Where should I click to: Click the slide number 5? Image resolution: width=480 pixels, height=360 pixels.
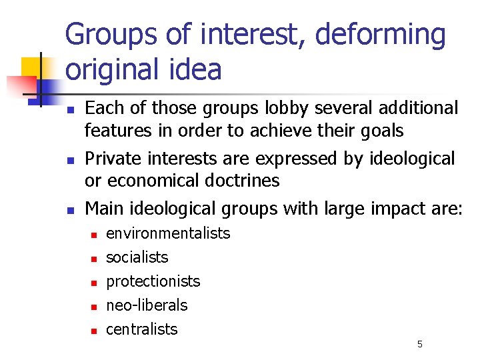420,344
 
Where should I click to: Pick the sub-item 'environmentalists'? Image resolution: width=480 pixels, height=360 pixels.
168,233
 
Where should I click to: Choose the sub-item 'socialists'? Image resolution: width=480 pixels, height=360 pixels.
137,257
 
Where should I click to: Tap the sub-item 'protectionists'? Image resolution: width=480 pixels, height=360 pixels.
153,281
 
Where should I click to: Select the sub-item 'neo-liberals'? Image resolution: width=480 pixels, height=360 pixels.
147,305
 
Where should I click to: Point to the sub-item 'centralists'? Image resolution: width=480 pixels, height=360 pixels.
142,329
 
